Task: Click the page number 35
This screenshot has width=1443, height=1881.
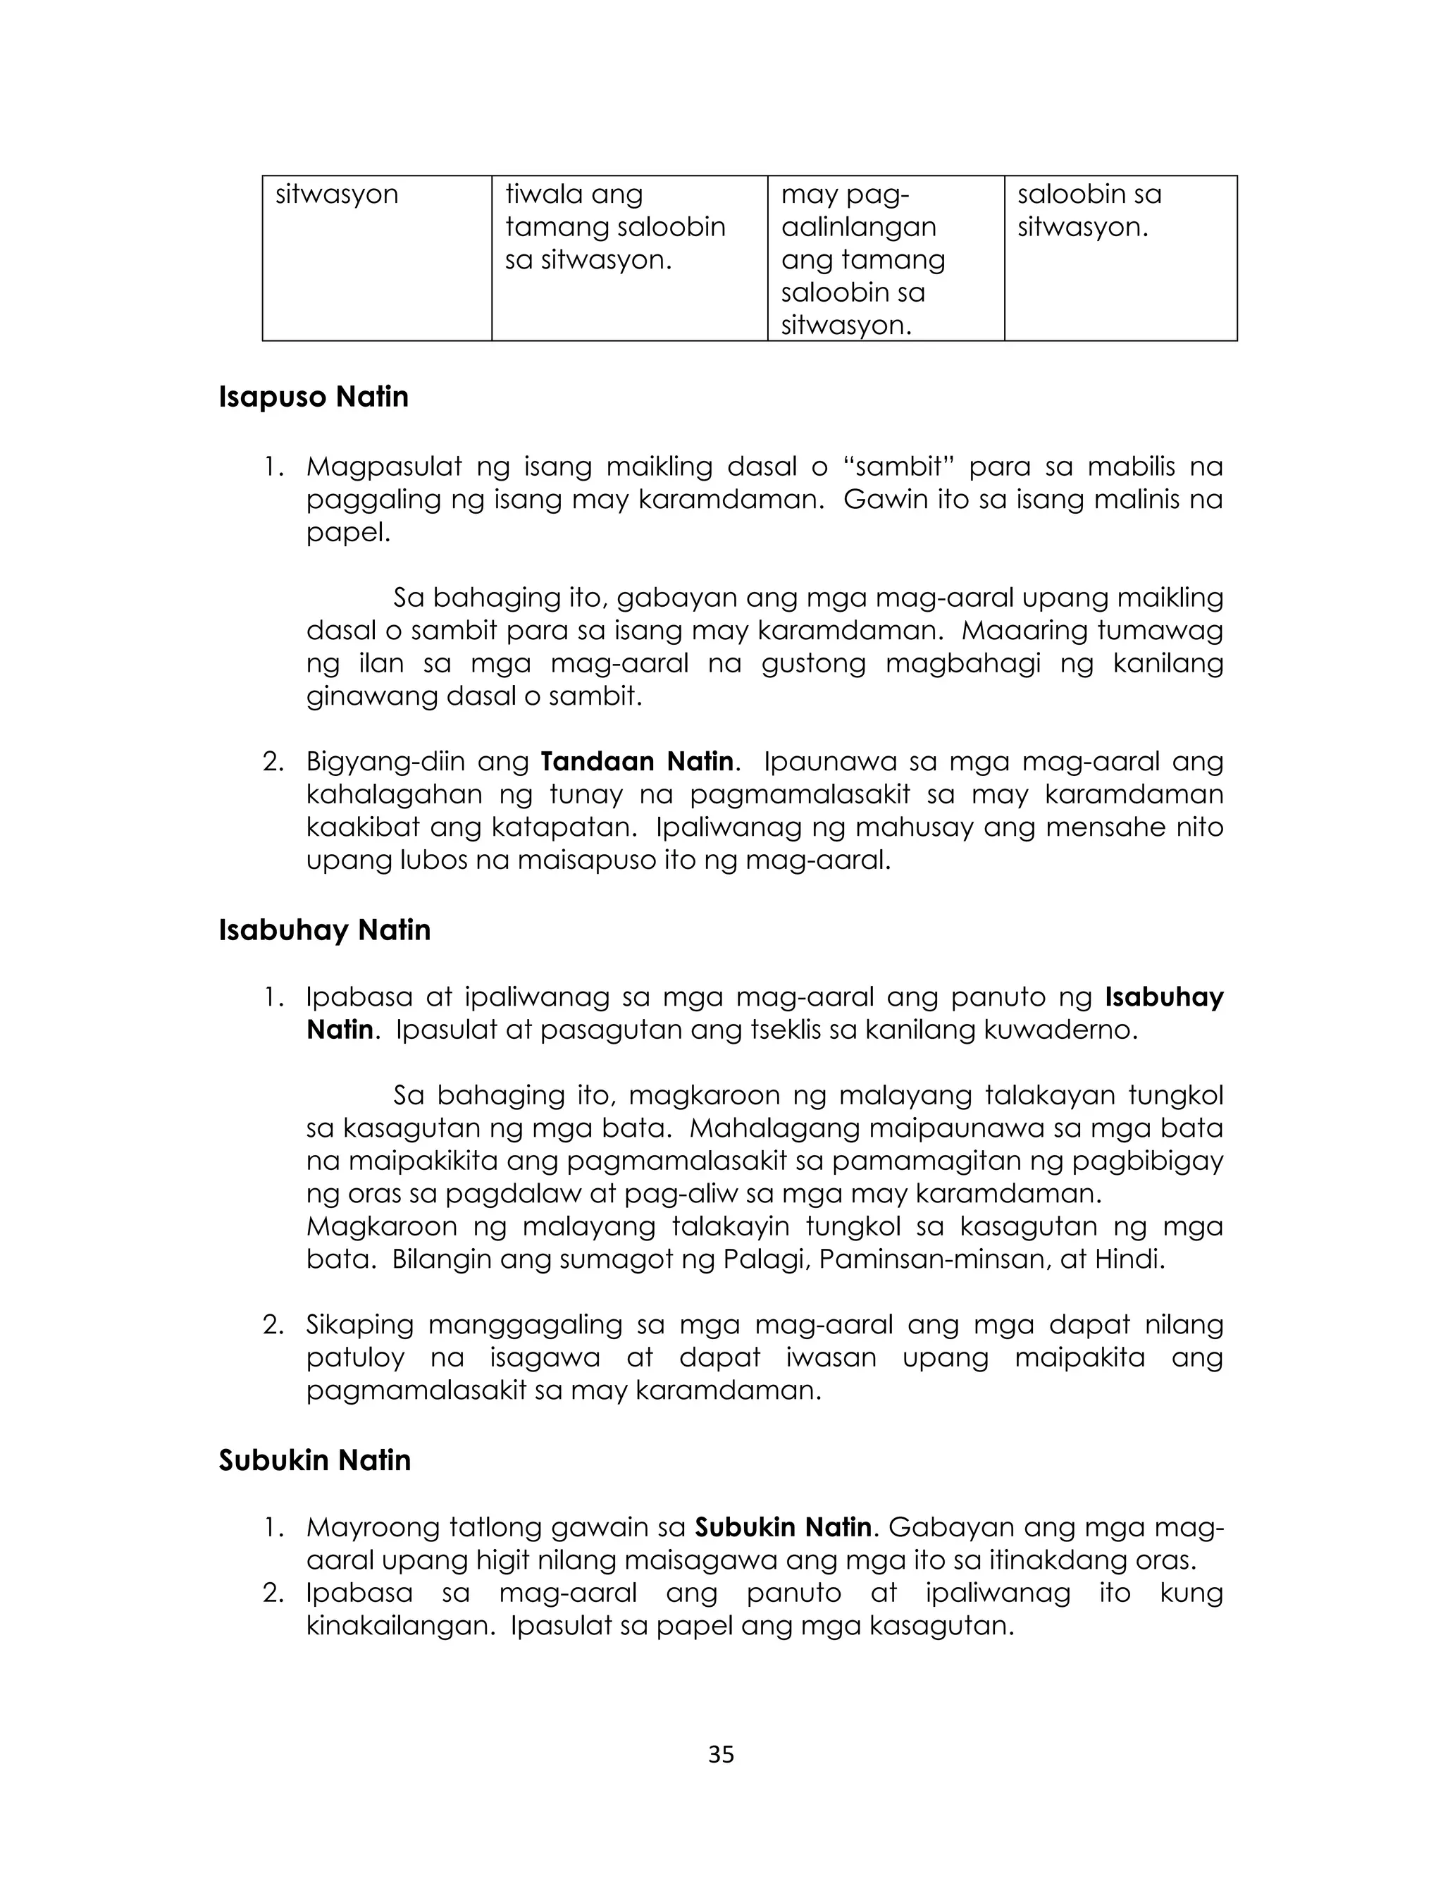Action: pos(721,1756)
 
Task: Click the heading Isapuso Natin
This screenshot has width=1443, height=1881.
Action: pos(314,397)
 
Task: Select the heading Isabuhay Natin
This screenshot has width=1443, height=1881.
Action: pos(324,930)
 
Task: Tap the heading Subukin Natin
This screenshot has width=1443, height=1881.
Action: pos(314,1460)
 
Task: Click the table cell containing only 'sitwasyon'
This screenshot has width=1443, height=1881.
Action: pos(376,258)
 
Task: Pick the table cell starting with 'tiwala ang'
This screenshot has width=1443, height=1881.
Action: pos(628,258)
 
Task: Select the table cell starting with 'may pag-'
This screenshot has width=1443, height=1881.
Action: pos(885,258)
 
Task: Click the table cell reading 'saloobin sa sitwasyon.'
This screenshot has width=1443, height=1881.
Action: pos(1120,258)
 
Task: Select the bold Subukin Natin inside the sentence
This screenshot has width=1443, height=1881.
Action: pos(783,1528)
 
